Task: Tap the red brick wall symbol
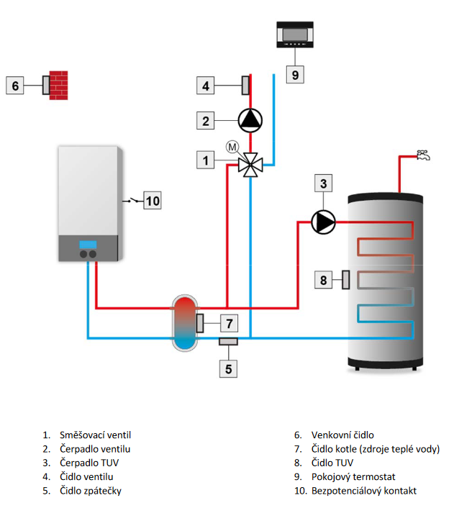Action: [x=60, y=86]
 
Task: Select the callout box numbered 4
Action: [x=206, y=86]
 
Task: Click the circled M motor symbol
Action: [x=232, y=147]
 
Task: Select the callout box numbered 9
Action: [x=294, y=73]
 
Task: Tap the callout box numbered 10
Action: [x=153, y=200]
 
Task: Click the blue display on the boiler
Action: [x=88, y=243]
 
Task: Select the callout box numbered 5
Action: [x=229, y=369]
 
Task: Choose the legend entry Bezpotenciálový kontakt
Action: [x=364, y=491]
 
